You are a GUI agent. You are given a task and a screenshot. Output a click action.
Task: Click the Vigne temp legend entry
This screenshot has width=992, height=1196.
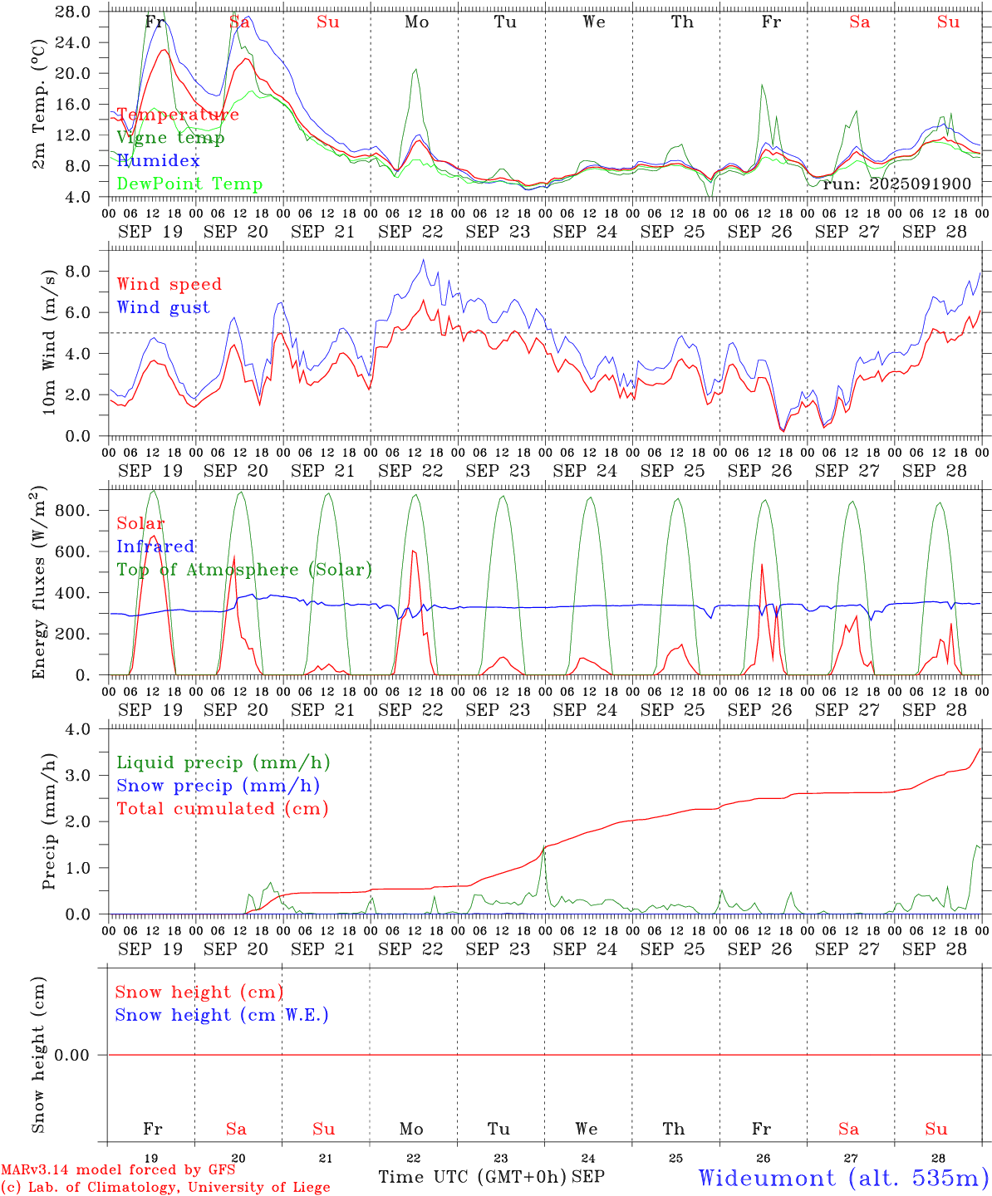click(x=170, y=138)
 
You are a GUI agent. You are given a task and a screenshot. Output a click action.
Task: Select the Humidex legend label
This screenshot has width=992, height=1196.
click(x=159, y=161)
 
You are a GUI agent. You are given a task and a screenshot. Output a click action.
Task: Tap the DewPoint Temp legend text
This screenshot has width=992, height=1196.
click(x=189, y=184)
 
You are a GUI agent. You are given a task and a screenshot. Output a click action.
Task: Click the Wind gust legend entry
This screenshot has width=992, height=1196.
click(x=163, y=307)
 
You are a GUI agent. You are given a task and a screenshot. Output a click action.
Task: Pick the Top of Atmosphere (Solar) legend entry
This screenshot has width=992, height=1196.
click(x=244, y=570)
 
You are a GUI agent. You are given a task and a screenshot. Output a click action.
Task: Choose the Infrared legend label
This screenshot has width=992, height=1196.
click(x=155, y=547)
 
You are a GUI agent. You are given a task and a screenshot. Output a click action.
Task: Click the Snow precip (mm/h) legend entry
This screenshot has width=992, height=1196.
click(x=218, y=786)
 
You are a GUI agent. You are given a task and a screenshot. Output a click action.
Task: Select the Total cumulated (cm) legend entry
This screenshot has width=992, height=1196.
click(x=222, y=809)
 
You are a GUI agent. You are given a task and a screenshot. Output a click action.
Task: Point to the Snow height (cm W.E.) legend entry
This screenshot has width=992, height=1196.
click(x=222, y=1015)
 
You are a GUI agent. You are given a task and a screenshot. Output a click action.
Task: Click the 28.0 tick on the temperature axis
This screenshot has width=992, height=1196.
click(x=75, y=12)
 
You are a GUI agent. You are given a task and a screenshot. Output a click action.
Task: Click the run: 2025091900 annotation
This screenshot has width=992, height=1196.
click(x=896, y=184)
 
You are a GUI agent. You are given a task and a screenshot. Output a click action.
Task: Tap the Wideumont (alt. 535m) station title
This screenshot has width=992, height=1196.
click(x=843, y=1178)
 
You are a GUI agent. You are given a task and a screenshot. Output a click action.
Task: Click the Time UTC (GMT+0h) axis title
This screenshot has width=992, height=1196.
click(x=473, y=1177)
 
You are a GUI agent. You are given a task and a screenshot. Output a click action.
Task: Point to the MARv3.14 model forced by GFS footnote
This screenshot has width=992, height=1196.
click(x=118, y=1170)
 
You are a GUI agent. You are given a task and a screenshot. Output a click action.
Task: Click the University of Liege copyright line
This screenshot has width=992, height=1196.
click(x=165, y=1188)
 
